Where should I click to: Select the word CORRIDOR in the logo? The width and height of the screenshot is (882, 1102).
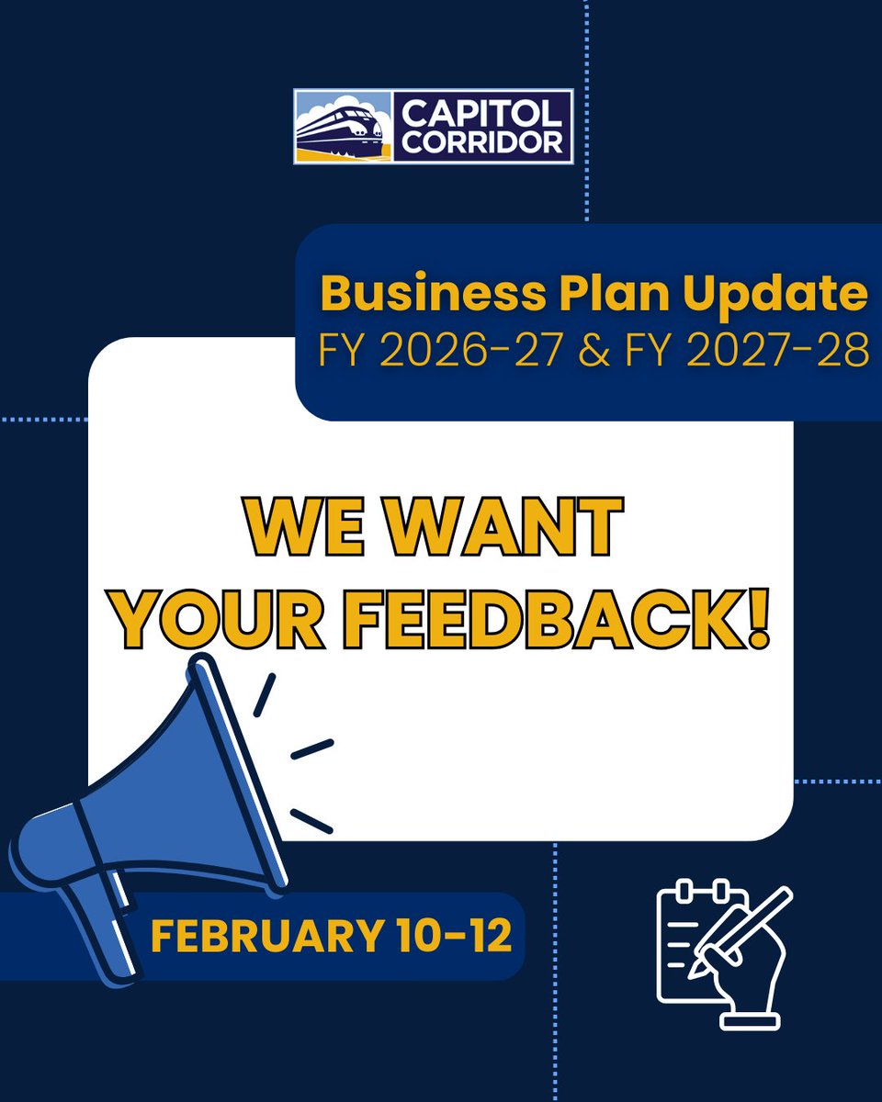[483, 142]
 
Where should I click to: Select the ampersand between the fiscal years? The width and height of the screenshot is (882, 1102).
[594, 353]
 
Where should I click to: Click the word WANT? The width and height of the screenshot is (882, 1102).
[494, 528]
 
